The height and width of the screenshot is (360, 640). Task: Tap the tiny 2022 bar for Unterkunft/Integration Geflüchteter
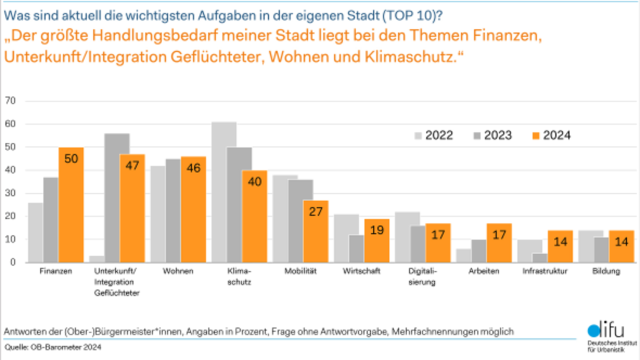[x=96, y=259]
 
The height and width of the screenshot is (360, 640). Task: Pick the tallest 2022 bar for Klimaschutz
[x=224, y=192]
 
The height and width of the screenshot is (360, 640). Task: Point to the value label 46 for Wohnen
[x=193, y=167]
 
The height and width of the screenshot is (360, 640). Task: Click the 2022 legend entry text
[x=439, y=135]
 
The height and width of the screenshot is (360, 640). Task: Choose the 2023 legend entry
[x=497, y=135]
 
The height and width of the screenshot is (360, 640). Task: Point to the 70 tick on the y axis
[x=10, y=101]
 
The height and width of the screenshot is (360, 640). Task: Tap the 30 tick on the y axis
[x=10, y=193]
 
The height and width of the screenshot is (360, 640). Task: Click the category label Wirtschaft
[x=361, y=271]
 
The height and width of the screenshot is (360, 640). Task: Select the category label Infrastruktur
[x=545, y=271]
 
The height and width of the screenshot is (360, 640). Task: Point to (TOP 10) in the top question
[x=410, y=15]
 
